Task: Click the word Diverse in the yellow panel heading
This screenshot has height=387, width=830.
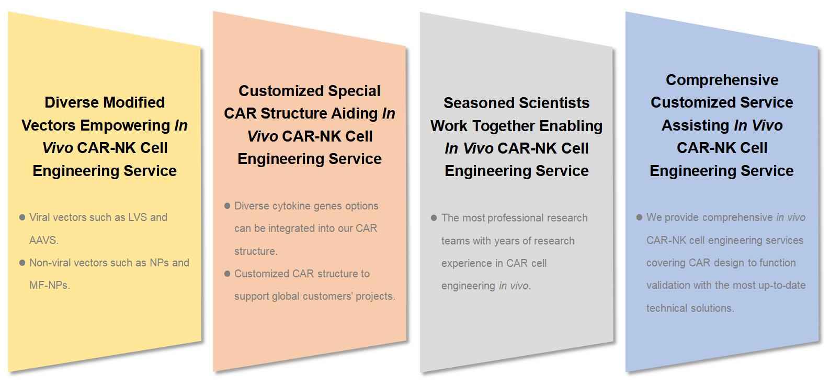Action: pyautogui.click(x=67, y=102)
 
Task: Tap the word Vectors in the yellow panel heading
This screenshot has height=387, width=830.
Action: pyautogui.click(x=49, y=125)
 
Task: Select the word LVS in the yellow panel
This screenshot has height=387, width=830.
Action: pyautogui.click(x=138, y=217)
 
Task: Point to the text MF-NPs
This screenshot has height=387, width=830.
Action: pyautogui.click(x=50, y=285)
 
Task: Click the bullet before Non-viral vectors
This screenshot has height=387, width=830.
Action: pyautogui.click(x=22, y=263)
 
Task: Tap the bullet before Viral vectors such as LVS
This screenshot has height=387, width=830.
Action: pyautogui.click(x=22, y=217)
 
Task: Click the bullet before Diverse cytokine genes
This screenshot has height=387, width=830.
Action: pyautogui.click(x=228, y=206)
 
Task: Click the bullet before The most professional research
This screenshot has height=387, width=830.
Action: pyautogui.click(x=434, y=218)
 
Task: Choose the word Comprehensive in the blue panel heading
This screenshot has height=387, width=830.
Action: pyautogui.click(x=722, y=80)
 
